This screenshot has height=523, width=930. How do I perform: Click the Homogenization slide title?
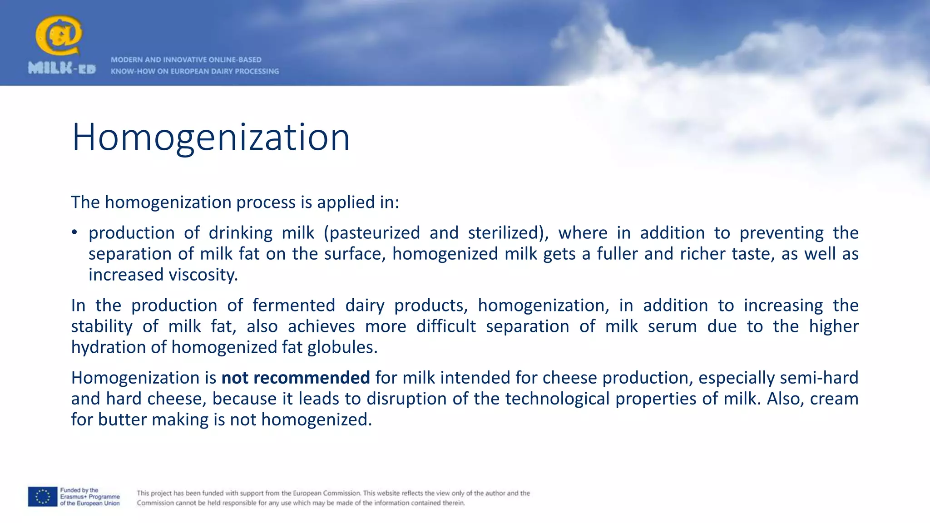click(x=211, y=137)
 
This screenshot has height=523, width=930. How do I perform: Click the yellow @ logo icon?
click(x=59, y=36)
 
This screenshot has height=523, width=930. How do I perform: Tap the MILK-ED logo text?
click(x=62, y=69)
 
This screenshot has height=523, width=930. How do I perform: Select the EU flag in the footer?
click(x=43, y=496)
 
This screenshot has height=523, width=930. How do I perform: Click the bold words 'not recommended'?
click(x=296, y=378)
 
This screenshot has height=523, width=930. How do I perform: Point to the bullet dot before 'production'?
click(x=74, y=233)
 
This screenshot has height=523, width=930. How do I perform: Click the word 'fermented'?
click(x=294, y=306)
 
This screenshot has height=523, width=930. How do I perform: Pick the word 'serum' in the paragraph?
click(x=672, y=326)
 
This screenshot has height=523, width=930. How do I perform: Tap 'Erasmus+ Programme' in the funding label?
click(x=90, y=497)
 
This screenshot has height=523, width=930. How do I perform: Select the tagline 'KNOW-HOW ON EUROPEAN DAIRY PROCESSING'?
click(x=195, y=71)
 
